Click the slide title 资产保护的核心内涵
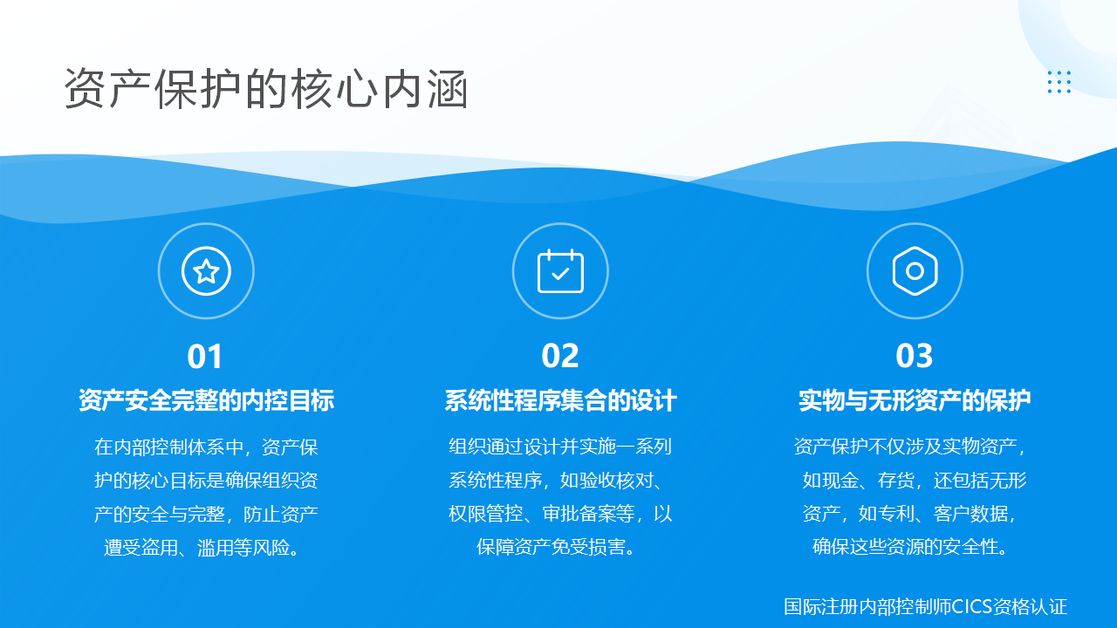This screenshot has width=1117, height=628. click(266, 89)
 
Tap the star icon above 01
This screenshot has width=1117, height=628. click(206, 271)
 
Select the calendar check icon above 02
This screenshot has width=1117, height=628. click(560, 271)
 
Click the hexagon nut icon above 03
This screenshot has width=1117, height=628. click(915, 271)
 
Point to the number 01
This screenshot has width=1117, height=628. click(204, 357)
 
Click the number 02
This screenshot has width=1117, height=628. click(560, 357)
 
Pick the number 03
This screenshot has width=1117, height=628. click(914, 357)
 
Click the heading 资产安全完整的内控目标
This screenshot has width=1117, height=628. click(207, 400)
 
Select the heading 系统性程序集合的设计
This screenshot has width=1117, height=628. click(560, 400)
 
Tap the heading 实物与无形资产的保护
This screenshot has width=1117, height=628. click(915, 400)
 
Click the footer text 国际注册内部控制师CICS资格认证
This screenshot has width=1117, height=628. click(926, 606)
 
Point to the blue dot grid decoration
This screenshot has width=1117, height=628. click(1059, 82)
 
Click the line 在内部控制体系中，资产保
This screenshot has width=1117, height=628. click(206, 447)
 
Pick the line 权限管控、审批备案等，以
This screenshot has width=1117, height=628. click(560, 514)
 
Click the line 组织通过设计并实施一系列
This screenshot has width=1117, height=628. click(560, 446)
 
